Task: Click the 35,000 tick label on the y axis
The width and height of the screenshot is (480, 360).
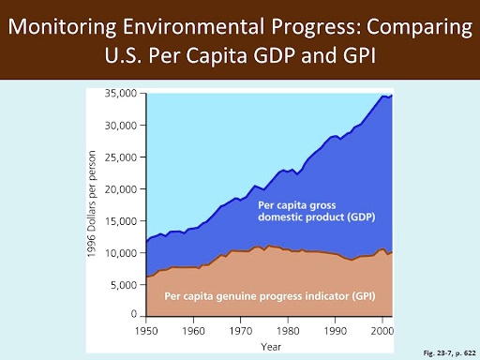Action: pyautogui.click(x=120, y=93)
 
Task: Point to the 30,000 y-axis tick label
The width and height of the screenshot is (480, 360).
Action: pyautogui.click(x=120, y=125)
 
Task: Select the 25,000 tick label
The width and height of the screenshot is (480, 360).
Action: pyautogui.click(x=120, y=157)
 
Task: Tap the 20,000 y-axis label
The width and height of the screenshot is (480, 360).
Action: pyautogui.click(x=120, y=188)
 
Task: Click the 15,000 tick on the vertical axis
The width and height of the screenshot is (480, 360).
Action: pyautogui.click(x=120, y=221)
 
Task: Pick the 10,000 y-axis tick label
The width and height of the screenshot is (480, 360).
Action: pyautogui.click(x=120, y=253)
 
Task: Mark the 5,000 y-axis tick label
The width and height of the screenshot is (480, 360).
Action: pyautogui.click(x=123, y=285)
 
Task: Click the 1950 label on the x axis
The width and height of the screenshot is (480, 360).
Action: pyautogui.click(x=145, y=331)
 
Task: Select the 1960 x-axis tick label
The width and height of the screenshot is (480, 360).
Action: pyautogui.click(x=194, y=331)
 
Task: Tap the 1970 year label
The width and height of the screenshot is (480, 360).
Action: pyautogui.click(x=242, y=331)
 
